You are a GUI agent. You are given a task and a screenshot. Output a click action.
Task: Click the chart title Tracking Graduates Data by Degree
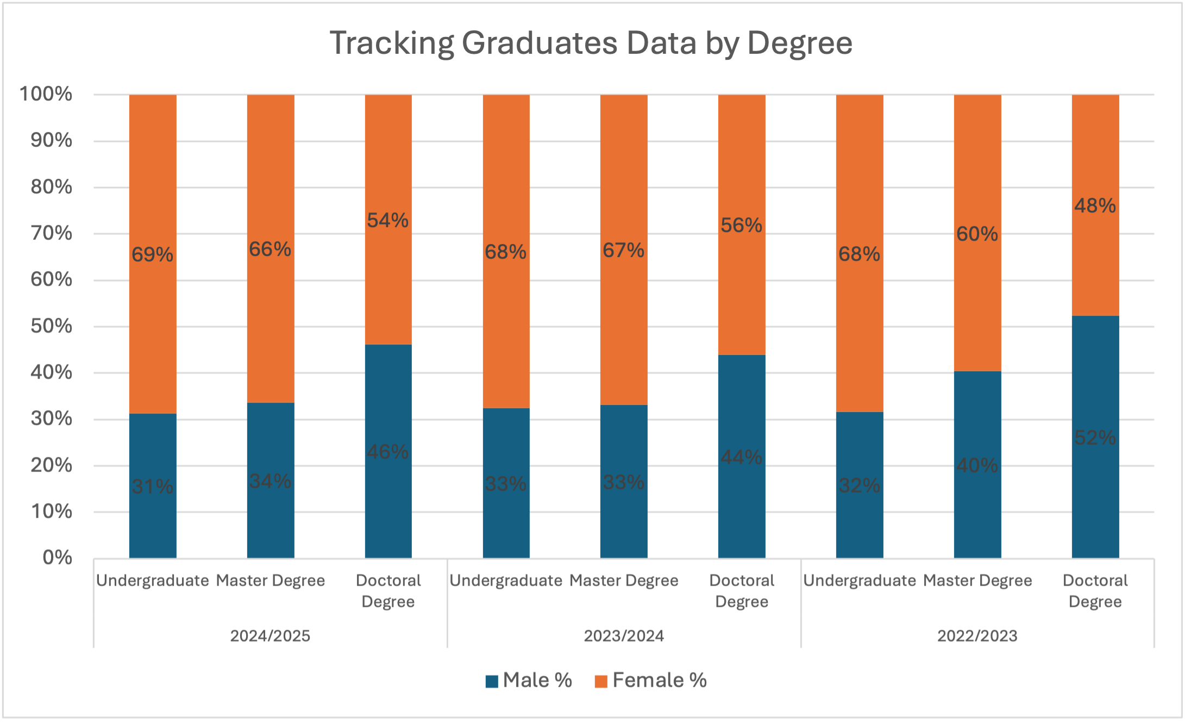[x=591, y=43]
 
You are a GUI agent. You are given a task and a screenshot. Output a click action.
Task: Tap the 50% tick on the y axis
[x=52, y=326]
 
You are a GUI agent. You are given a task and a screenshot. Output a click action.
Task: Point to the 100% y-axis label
[x=46, y=94]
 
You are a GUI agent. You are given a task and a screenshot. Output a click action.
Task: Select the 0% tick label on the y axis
[x=57, y=557]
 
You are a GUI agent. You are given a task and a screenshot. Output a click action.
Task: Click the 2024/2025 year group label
[x=270, y=636]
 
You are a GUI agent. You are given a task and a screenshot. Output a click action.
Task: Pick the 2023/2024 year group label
[x=624, y=636]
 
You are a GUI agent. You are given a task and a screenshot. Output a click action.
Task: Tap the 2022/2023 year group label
[x=977, y=636]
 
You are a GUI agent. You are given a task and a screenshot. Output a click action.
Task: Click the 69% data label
[x=153, y=254]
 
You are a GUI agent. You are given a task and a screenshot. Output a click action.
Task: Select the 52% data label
[x=1095, y=437]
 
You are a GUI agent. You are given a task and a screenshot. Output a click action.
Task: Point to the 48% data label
[x=1095, y=206]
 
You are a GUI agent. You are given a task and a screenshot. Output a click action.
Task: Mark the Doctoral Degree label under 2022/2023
[x=1095, y=591]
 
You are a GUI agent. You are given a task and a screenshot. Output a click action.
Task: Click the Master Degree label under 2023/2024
[x=624, y=581]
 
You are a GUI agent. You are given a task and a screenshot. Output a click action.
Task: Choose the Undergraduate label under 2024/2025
[x=153, y=581]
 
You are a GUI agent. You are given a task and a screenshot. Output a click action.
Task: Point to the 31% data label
[x=153, y=486]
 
